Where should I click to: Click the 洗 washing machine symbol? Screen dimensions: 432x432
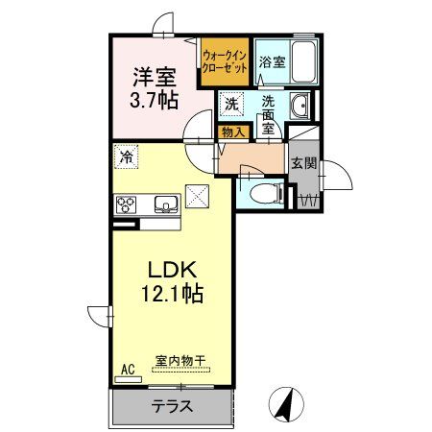[232, 103]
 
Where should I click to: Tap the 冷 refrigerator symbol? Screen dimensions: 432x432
[127, 154]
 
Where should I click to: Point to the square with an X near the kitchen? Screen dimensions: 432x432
[198, 195]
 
